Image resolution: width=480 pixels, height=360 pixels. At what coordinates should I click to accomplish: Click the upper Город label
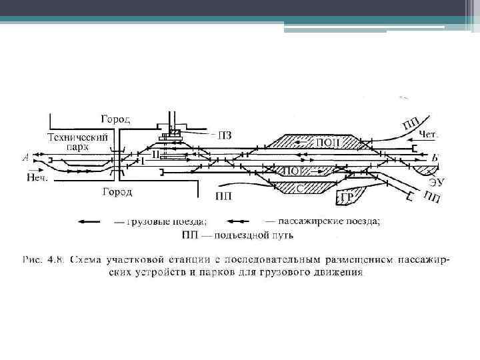coord(115,119)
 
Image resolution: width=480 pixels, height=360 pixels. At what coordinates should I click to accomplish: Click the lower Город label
coord(117,192)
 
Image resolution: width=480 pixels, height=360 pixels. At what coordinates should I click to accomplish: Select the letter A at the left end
coord(25,158)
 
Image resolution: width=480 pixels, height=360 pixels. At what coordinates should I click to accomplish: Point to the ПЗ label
coord(225,135)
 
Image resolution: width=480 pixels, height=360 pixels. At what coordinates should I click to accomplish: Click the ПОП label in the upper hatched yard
coord(327,141)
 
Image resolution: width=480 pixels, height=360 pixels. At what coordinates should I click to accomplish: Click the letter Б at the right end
coord(435,158)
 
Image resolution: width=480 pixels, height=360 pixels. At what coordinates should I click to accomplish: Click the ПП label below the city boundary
coord(224,196)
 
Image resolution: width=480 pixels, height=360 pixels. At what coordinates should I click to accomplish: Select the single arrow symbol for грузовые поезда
coord(93,221)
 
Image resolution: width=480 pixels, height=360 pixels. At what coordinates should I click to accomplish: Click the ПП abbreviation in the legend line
coord(192,235)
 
